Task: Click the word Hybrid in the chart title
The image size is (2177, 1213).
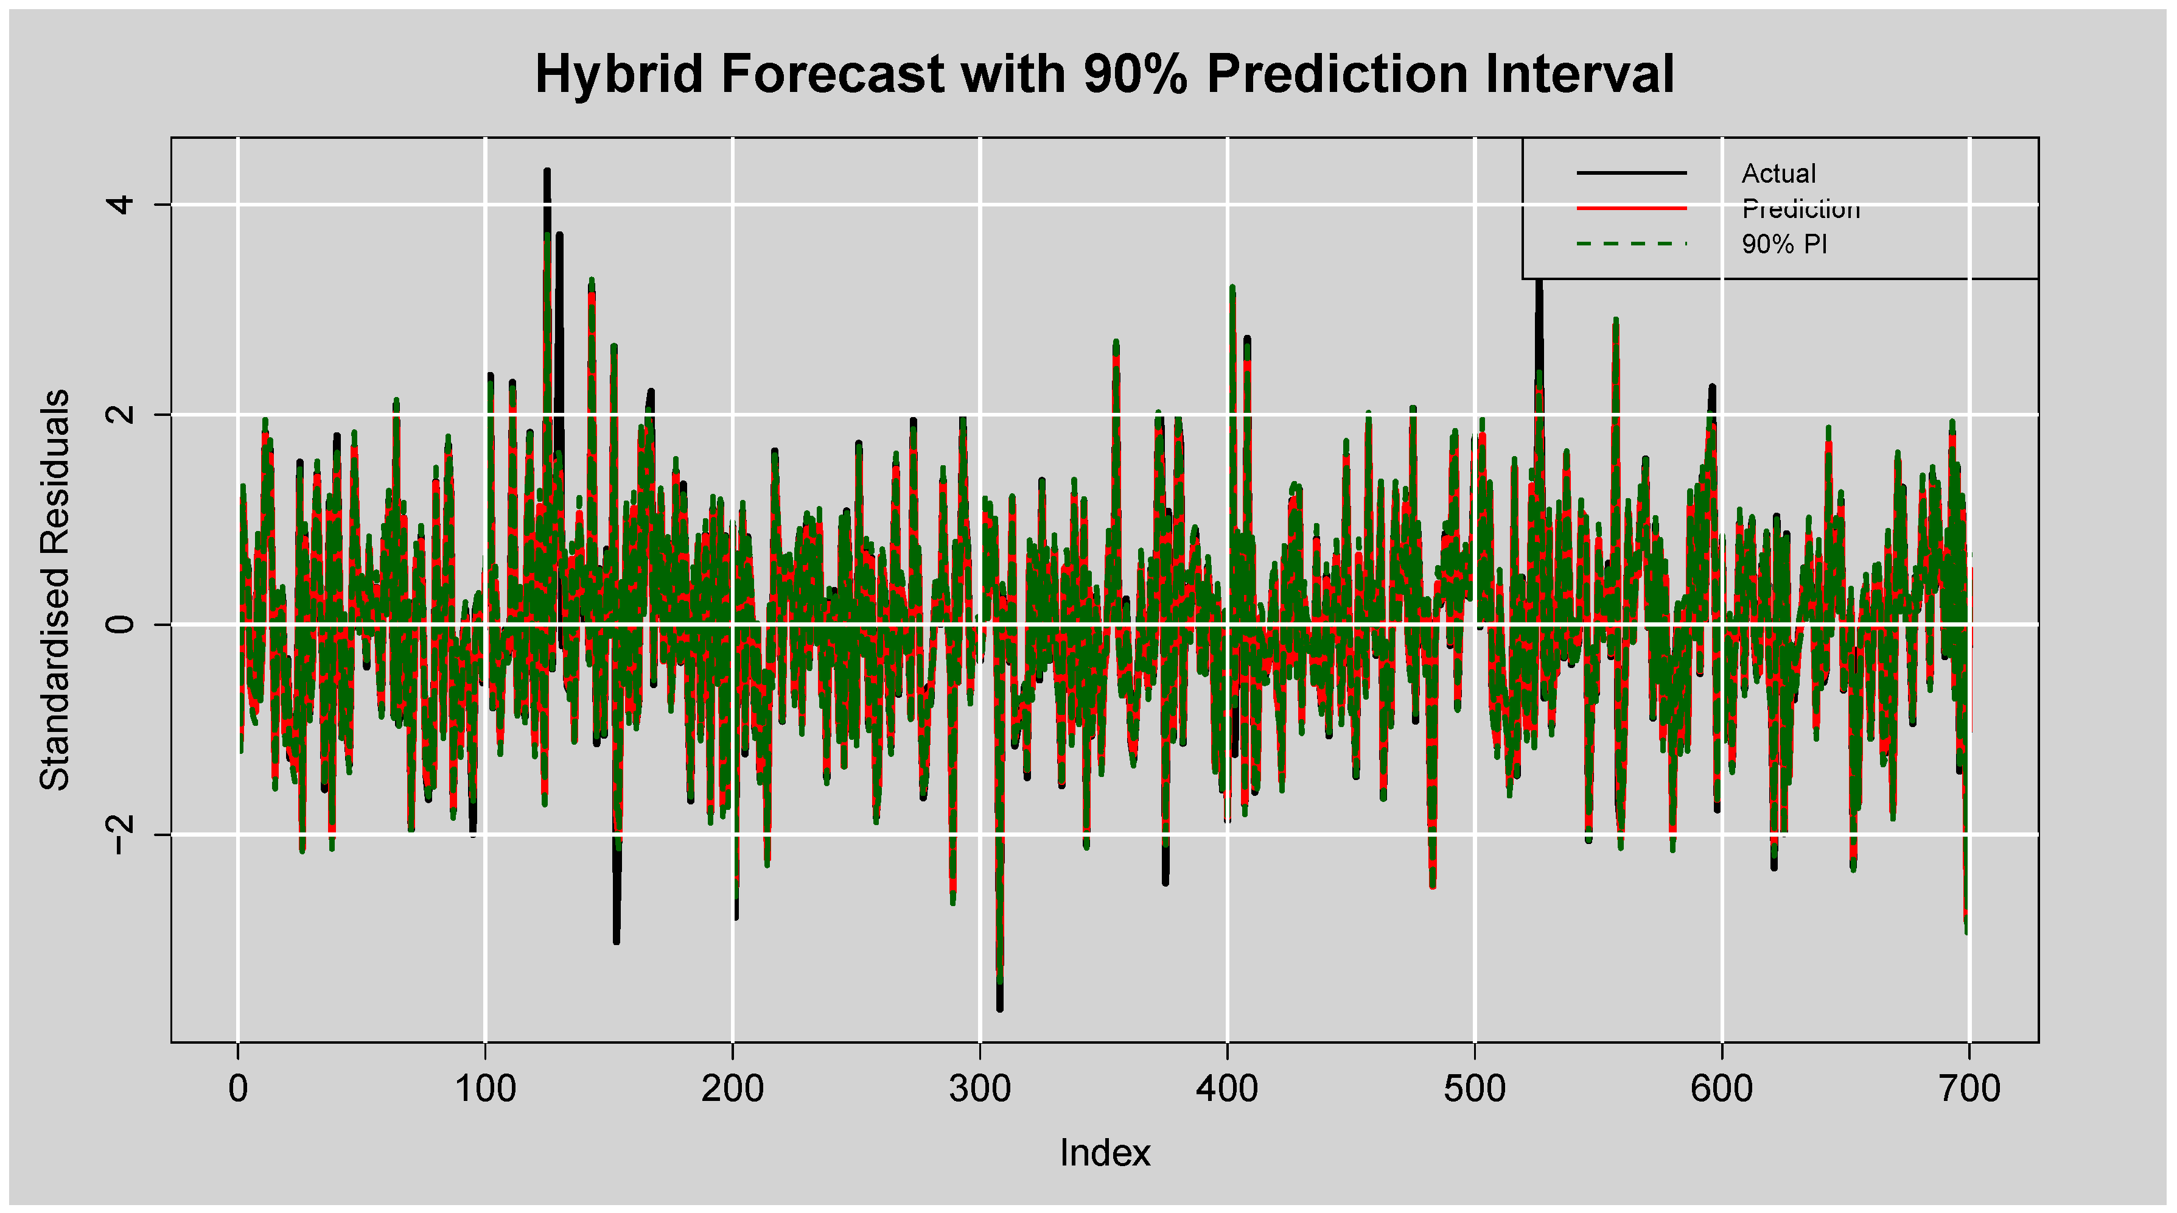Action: point(618,74)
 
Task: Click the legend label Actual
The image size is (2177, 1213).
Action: point(1778,174)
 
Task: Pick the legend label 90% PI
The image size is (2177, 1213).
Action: point(1784,244)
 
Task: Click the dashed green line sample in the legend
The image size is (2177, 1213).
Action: point(1631,244)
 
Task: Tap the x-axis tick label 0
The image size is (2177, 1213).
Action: point(239,1089)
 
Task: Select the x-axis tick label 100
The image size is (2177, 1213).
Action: point(485,1089)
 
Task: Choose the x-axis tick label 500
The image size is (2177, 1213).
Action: point(1475,1089)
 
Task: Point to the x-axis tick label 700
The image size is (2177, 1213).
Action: point(1969,1089)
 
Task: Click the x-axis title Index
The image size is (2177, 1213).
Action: point(1105,1153)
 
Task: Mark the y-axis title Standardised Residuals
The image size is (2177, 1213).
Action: point(55,590)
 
